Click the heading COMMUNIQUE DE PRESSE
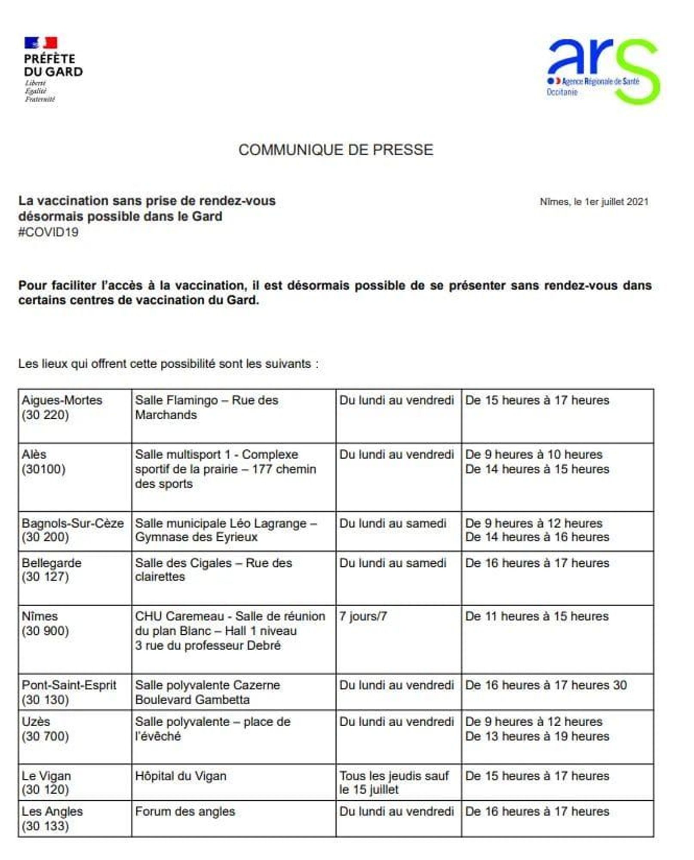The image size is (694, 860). coord(336,150)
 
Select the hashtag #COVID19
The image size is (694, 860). coord(48,232)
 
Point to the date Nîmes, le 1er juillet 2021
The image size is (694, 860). coord(594,202)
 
